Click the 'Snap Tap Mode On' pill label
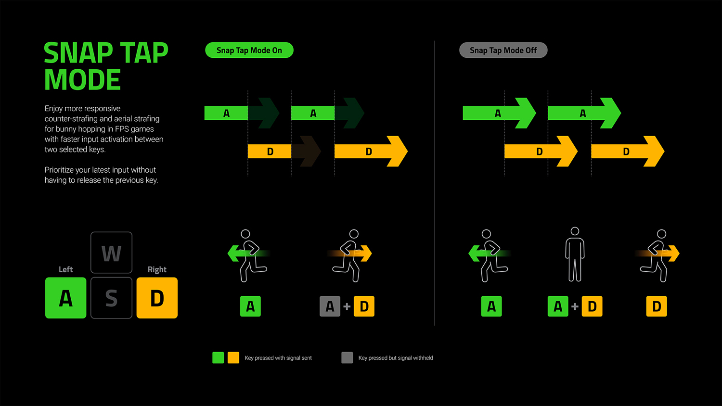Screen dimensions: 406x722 pos(249,50)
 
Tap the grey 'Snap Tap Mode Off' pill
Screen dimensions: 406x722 pos(503,50)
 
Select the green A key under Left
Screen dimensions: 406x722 pos(66,298)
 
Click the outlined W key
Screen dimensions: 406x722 pos(111,253)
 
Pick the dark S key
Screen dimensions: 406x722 pos(111,298)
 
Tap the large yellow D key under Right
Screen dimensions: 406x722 pos(157,298)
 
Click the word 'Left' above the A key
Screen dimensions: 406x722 pos(65,269)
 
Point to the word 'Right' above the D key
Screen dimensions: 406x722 pos(157,269)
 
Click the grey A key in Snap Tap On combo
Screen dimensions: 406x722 pos(330,306)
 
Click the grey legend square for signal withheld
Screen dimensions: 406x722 pos(347,357)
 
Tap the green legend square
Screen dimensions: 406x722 pos(218,357)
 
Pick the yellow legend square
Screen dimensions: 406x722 pos(233,357)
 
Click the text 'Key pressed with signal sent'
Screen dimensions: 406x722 pos(278,358)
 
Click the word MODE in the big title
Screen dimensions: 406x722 pos(82,80)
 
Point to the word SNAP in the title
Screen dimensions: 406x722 pos(78,53)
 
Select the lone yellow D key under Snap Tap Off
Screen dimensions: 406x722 pos(657,306)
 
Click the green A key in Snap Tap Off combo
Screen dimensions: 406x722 pos(558,306)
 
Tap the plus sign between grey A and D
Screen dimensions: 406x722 pos(347,306)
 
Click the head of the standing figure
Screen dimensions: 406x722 pos(575,231)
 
